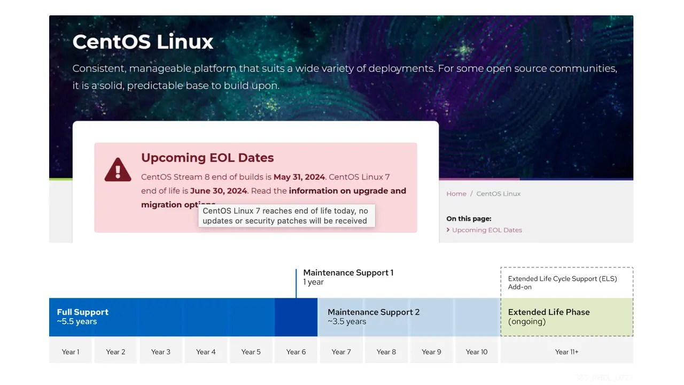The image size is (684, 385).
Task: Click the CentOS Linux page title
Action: pyautogui.click(x=143, y=42)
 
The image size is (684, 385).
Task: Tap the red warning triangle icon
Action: pyautogui.click(x=118, y=170)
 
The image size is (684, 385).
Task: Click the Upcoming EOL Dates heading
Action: pyautogui.click(x=207, y=158)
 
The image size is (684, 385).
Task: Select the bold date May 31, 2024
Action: pyautogui.click(x=299, y=177)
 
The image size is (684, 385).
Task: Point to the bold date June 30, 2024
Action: pyautogui.click(x=219, y=191)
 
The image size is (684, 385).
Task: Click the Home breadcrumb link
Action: pyautogui.click(x=456, y=194)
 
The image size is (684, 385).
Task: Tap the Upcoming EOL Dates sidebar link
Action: pyautogui.click(x=487, y=230)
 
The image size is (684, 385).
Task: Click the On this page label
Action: pyautogui.click(x=469, y=218)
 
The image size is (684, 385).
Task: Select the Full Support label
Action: pyautogui.click(x=83, y=312)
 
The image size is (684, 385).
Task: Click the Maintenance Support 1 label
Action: pyautogui.click(x=348, y=273)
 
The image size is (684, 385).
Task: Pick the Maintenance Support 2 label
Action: pyautogui.click(x=374, y=312)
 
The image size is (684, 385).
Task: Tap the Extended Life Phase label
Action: pyautogui.click(x=549, y=312)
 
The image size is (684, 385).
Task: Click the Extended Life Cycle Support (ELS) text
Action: pyautogui.click(x=562, y=279)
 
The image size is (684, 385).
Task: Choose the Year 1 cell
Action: pyautogui.click(x=71, y=352)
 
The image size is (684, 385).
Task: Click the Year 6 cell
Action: pyautogui.click(x=296, y=352)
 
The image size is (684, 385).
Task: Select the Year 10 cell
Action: pyautogui.click(x=477, y=352)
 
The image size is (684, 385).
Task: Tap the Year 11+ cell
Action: pyautogui.click(x=566, y=352)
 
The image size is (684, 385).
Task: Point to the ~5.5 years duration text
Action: pyautogui.click(x=77, y=322)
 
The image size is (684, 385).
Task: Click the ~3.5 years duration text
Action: pyautogui.click(x=347, y=322)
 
